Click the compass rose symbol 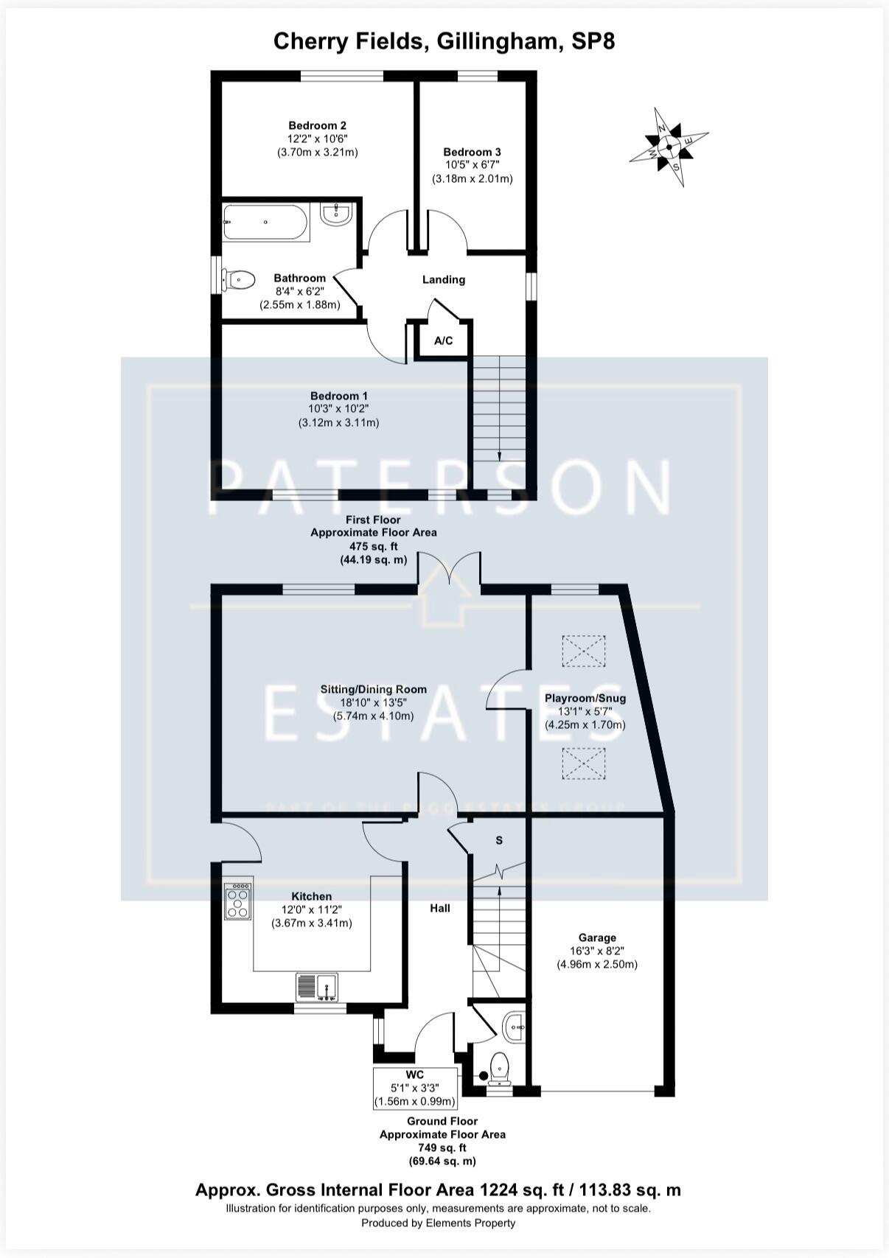(x=669, y=147)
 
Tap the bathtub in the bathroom (x=265, y=222)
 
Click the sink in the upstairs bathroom (x=338, y=214)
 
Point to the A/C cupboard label (x=443, y=340)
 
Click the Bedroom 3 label (x=472, y=152)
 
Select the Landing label (x=444, y=279)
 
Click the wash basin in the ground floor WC (x=514, y=1025)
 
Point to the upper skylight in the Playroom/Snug (x=584, y=651)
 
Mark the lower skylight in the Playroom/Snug (x=584, y=763)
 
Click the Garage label (x=597, y=937)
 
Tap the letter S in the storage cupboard (x=499, y=841)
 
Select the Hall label (x=440, y=908)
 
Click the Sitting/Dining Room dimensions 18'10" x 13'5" (x=373, y=702)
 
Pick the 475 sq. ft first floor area (x=373, y=546)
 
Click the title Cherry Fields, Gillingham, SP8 (x=444, y=41)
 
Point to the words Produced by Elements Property (x=438, y=1223)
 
